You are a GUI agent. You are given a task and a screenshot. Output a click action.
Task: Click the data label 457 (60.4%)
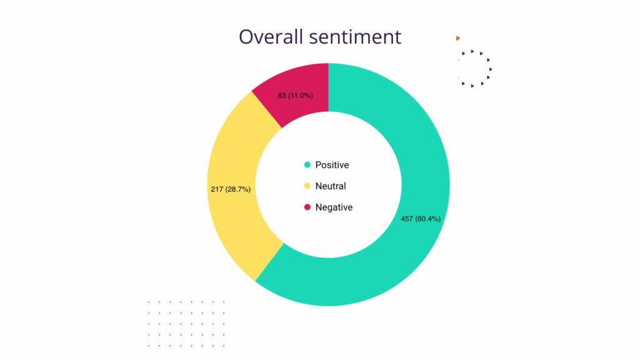421,219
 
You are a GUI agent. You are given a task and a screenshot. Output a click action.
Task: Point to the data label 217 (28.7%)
231,189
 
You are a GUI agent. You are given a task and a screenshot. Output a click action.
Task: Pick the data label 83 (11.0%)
295,96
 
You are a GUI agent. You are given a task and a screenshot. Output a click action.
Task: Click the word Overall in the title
271,37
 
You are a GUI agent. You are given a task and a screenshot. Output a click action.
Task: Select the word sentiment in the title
355,37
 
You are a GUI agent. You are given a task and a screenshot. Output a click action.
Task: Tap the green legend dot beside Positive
307,165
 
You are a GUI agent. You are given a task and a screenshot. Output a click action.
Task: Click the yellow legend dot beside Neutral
307,186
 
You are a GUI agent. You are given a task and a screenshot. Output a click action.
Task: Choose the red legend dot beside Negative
307,207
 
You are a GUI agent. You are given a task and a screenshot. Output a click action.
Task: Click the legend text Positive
332,165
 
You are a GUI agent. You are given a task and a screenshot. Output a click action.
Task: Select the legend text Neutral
331,186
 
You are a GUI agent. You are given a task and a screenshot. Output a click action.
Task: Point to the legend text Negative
334,207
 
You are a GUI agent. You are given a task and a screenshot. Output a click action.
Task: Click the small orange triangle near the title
458,38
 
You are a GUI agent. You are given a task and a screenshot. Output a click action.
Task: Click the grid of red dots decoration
186,324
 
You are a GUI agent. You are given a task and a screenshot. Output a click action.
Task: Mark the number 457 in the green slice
407,219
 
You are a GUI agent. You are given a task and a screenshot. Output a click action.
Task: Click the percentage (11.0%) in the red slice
301,96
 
